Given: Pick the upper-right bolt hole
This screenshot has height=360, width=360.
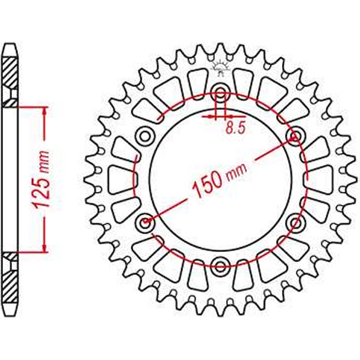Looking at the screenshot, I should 295,136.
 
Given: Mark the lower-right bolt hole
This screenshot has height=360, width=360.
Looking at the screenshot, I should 295,223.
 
